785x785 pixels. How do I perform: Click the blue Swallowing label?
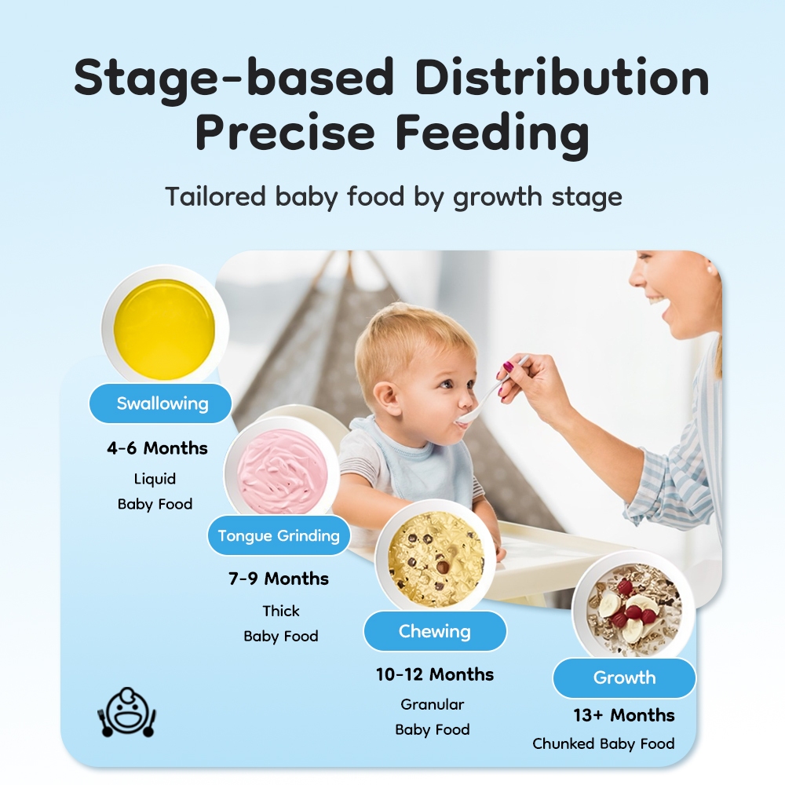(x=160, y=403)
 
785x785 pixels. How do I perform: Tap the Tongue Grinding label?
(x=279, y=535)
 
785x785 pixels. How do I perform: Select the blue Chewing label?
(x=435, y=631)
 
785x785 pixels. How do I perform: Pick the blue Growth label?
(x=624, y=678)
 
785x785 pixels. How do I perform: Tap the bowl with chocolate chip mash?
(x=436, y=556)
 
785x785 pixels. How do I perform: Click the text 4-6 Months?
(x=157, y=448)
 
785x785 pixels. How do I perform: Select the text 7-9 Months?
(x=279, y=579)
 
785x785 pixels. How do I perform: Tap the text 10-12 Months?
(x=435, y=674)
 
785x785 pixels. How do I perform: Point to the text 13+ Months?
(x=624, y=715)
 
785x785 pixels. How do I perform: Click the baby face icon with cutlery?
(x=126, y=713)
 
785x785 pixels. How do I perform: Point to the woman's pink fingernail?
(x=508, y=367)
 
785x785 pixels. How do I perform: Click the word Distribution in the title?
(x=562, y=78)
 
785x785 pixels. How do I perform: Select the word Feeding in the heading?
(x=492, y=133)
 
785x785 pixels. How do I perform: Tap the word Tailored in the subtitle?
(x=215, y=196)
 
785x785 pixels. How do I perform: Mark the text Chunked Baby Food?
(x=603, y=743)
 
